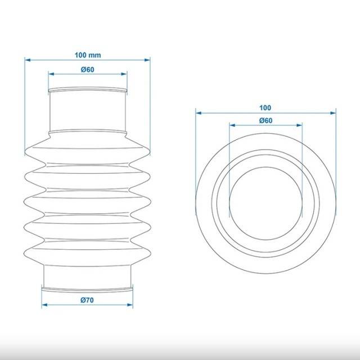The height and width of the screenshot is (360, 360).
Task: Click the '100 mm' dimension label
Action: point(88,55)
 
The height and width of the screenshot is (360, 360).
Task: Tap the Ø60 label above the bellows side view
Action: point(88,70)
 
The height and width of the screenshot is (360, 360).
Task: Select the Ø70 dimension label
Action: point(87,300)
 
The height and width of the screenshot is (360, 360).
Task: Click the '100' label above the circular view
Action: point(265,107)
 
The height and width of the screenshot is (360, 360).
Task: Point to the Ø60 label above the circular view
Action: point(266,120)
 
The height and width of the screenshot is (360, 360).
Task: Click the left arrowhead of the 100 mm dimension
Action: point(28,60)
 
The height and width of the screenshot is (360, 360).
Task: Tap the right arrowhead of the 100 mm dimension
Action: point(147,60)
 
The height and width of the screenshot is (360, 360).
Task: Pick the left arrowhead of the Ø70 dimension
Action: point(44,305)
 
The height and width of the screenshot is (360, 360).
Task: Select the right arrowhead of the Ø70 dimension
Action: point(130,305)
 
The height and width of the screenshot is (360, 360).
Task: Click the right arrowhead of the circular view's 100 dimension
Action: point(333,113)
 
